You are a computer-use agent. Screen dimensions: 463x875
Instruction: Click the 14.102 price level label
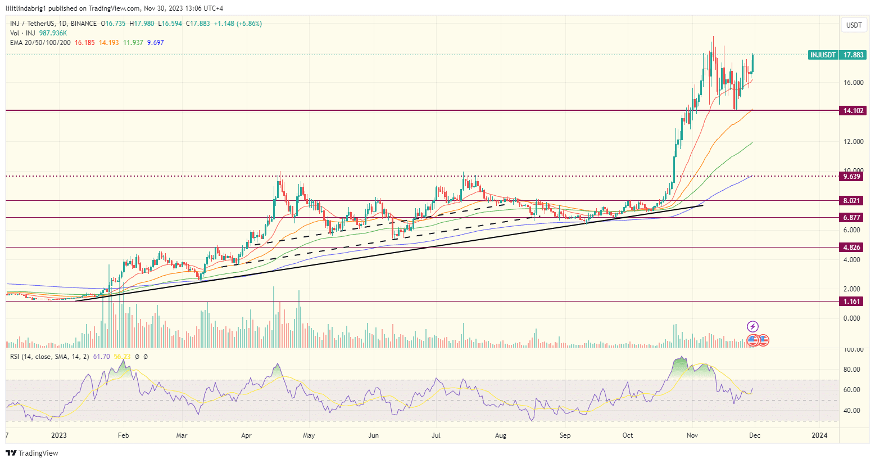click(853, 111)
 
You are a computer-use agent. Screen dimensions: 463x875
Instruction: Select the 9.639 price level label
click(852, 177)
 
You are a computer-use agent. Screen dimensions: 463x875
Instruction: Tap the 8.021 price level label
click(852, 201)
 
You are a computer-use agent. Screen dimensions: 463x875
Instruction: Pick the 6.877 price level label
click(852, 218)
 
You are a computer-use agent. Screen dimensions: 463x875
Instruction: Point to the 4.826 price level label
click(852, 248)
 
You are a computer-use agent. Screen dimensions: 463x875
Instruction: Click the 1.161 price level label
click(852, 302)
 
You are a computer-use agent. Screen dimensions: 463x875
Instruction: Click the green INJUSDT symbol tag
click(823, 55)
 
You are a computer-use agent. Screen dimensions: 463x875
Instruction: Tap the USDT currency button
click(854, 25)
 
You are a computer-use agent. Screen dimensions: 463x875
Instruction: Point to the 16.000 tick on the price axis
click(853, 83)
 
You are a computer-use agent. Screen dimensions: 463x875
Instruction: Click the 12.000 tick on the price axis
click(853, 142)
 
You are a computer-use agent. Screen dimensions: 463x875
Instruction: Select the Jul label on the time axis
click(436, 435)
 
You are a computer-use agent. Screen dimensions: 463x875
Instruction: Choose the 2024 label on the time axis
click(819, 435)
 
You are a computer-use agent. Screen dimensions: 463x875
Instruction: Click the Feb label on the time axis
click(123, 435)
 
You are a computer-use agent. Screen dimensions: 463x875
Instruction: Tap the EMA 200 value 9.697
click(156, 43)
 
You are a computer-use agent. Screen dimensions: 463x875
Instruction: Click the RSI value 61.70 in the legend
click(101, 357)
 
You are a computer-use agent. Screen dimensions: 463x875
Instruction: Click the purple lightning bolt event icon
click(752, 326)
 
